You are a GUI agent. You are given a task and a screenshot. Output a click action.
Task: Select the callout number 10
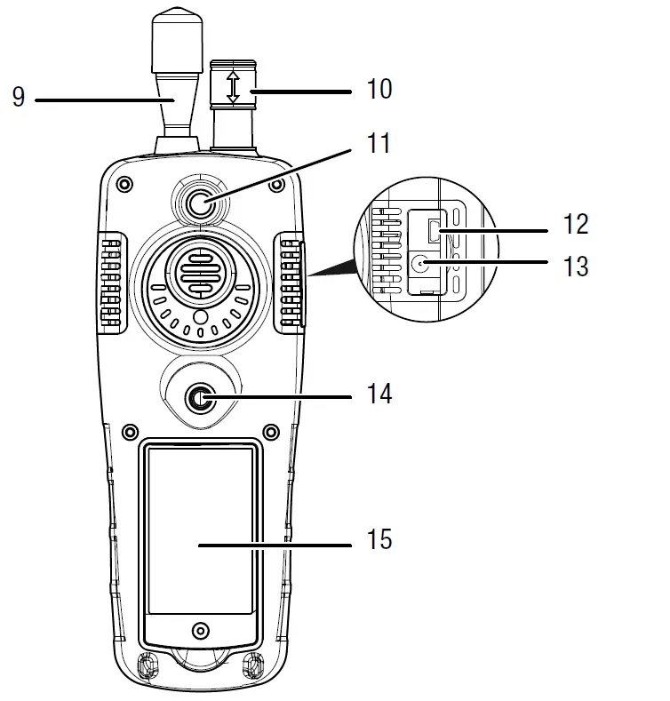tap(378, 89)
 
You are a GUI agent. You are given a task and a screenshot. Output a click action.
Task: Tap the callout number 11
tap(379, 143)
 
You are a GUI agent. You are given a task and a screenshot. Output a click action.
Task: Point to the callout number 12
tap(576, 224)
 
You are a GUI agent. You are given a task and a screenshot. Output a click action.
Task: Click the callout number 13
tap(576, 264)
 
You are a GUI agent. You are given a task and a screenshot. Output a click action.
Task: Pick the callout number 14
tap(379, 392)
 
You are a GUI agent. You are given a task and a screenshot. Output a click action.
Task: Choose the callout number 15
tap(379, 538)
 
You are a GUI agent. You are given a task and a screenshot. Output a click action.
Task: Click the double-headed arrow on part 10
tap(233, 88)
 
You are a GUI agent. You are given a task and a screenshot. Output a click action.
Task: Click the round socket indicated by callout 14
tap(199, 402)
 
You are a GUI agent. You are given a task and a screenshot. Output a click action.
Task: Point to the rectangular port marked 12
tap(435, 231)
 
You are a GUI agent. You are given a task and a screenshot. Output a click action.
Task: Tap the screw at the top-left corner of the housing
tap(124, 185)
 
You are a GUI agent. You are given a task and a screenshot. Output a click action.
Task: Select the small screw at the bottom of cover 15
tap(201, 630)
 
